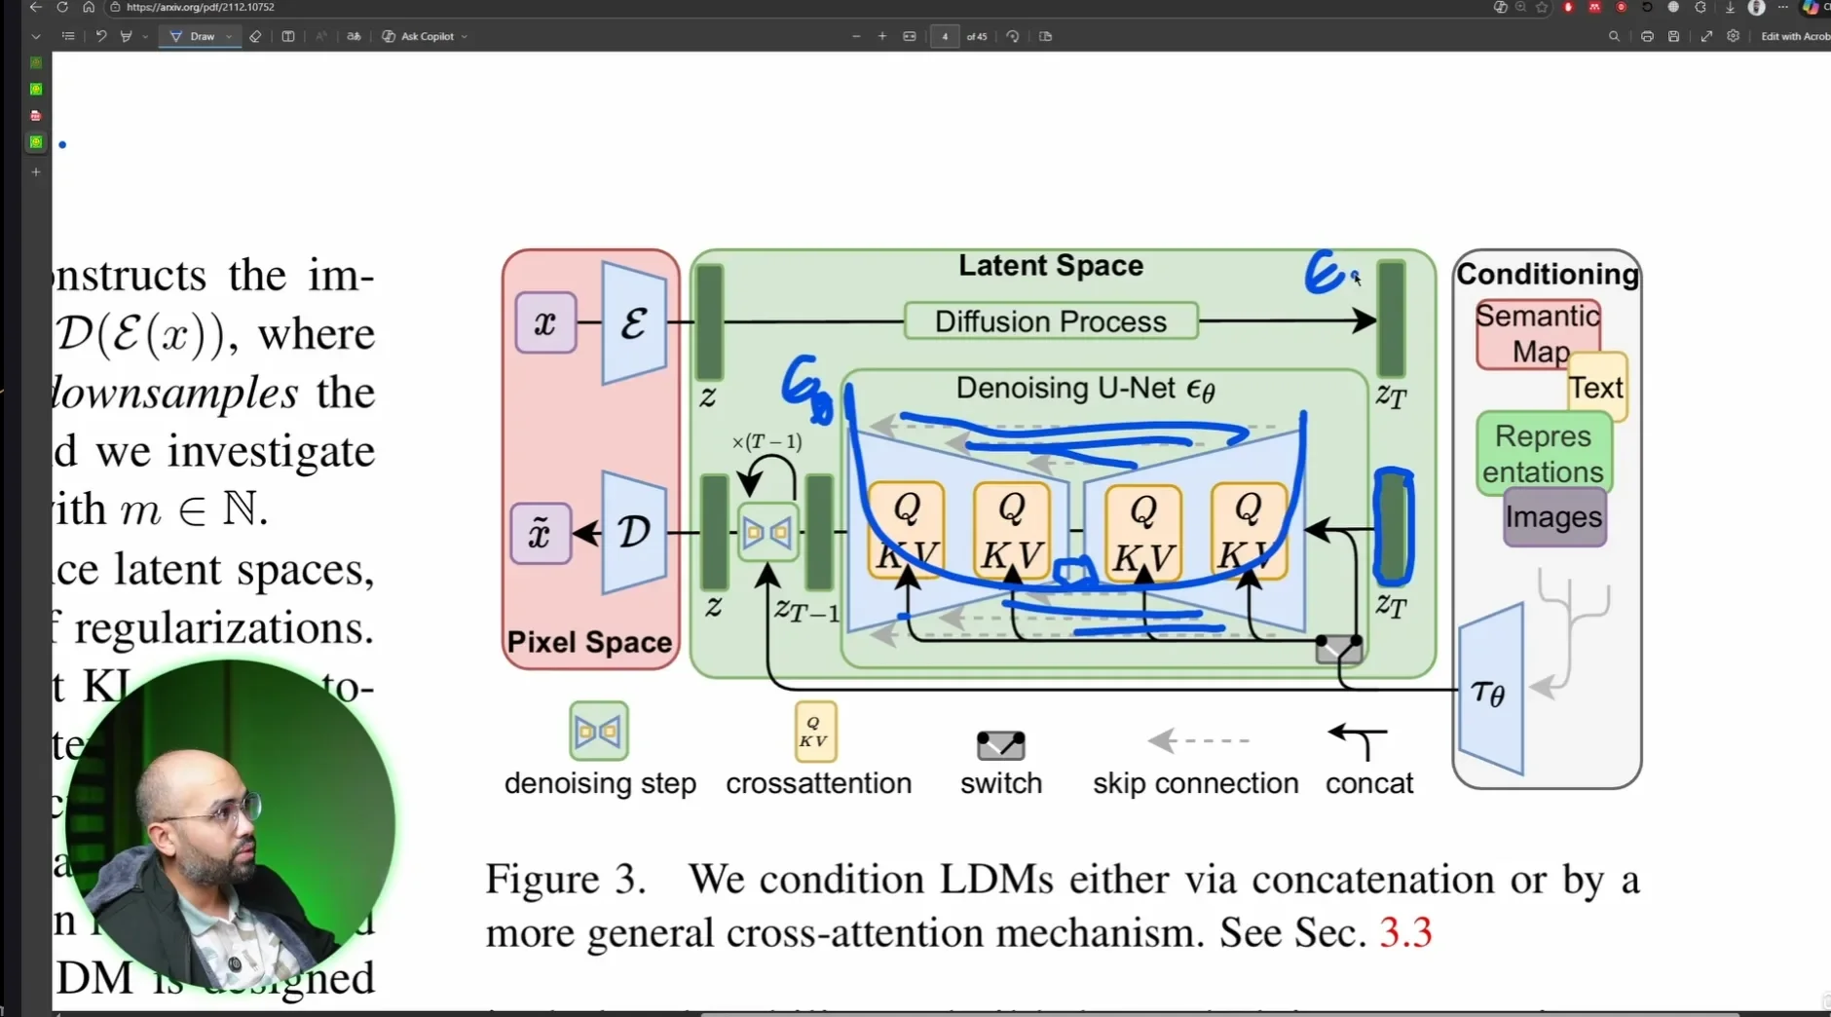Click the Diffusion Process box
1051,321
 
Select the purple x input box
545,322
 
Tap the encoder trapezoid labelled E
634,322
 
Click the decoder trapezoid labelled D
634,532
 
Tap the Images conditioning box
1553,517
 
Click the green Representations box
1543,453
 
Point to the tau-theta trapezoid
1490,691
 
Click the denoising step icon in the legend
599,731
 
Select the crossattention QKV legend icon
814,732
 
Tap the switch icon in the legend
1000,745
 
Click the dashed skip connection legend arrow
1198,740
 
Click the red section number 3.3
1405,933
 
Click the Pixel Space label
589,642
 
